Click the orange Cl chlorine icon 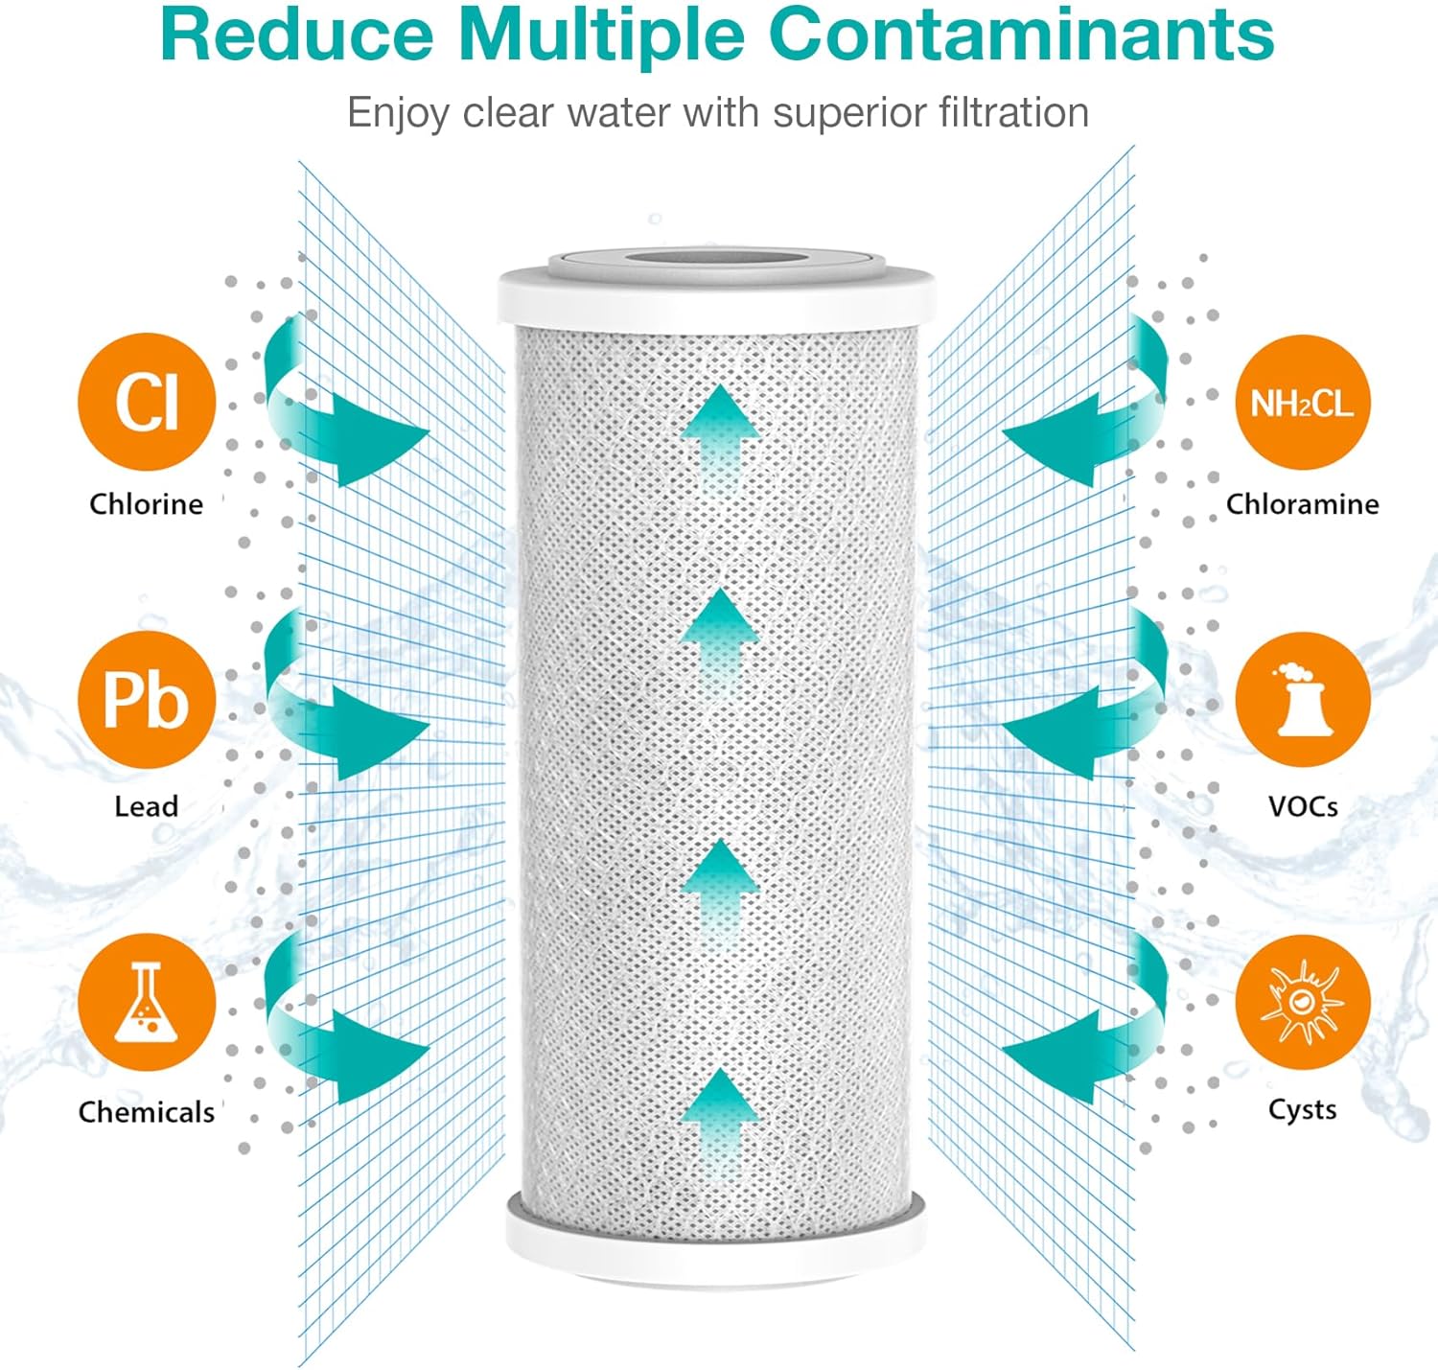tap(147, 402)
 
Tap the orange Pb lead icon tap(147, 700)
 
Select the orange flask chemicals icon tap(147, 1002)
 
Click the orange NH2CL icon tap(1302, 403)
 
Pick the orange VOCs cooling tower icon tap(1302, 700)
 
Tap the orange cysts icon tap(1302, 1002)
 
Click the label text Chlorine tap(147, 504)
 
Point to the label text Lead tap(147, 806)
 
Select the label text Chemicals tap(147, 1112)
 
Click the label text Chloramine tap(1302, 504)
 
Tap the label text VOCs tap(1303, 806)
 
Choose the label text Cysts tap(1302, 1109)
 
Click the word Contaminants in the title tap(1021, 35)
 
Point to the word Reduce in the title tap(297, 35)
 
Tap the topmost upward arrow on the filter tap(720, 431)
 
